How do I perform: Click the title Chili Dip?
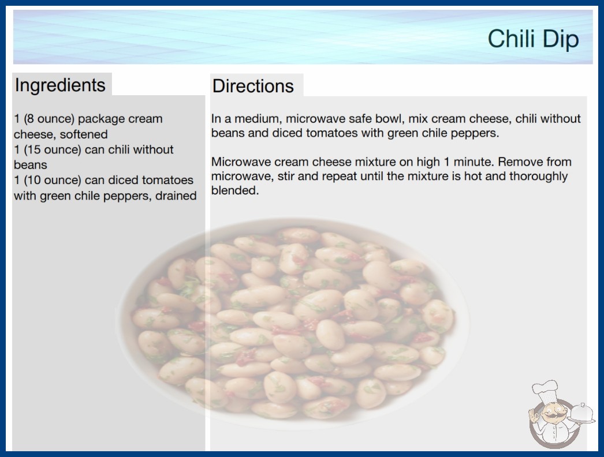coord(533,39)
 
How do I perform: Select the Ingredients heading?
coord(60,85)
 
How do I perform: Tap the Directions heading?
coord(253,86)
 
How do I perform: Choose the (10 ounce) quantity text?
coord(53,180)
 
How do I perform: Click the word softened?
coord(84,134)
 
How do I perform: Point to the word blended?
coord(235,190)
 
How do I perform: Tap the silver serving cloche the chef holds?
coord(581,413)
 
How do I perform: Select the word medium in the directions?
coord(256,119)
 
